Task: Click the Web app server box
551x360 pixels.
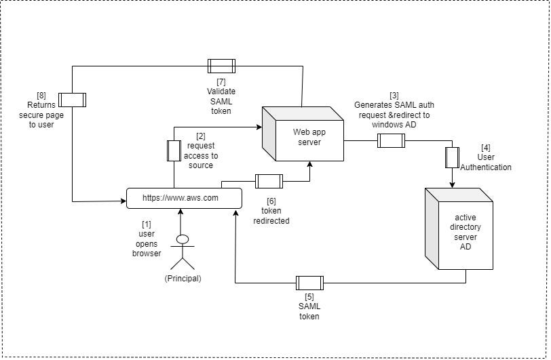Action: click(303, 134)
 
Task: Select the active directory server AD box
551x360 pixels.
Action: click(459, 228)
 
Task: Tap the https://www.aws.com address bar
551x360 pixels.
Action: click(184, 198)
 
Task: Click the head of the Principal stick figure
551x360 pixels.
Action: click(183, 239)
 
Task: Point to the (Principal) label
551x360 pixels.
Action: click(183, 279)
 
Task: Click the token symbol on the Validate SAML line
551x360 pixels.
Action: click(221, 66)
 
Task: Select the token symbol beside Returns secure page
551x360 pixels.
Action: click(72, 100)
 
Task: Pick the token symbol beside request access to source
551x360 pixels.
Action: click(174, 151)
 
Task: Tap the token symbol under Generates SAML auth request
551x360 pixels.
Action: click(391, 140)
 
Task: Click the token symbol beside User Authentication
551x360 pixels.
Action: click(452, 158)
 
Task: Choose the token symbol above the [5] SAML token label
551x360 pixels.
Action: click(309, 283)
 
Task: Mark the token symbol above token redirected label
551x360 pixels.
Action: click(269, 181)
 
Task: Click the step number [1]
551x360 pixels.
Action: click(146, 224)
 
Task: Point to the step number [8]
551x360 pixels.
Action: click(41, 95)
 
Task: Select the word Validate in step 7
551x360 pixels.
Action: click(221, 92)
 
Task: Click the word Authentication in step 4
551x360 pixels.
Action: click(486, 167)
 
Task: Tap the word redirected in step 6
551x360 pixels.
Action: click(271, 221)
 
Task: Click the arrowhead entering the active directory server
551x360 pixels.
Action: click(452, 184)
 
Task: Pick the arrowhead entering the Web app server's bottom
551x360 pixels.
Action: click(309, 165)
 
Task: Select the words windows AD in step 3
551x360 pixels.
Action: click(394, 125)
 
